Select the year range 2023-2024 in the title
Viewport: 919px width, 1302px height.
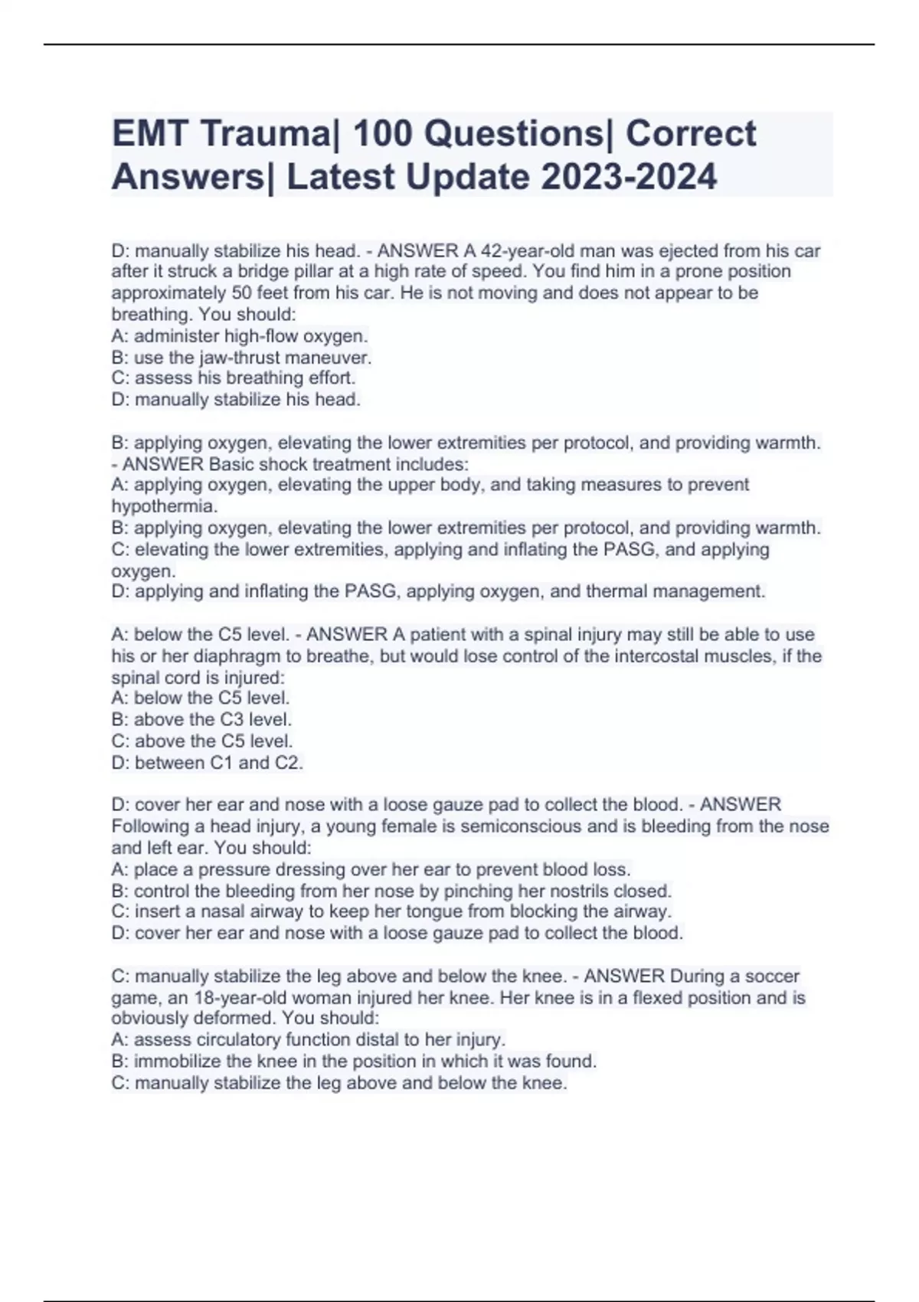(x=629, y=178)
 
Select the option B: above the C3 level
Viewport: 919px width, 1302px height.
(x=201, y=720)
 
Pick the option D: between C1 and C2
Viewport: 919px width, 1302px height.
(x=208, y=763)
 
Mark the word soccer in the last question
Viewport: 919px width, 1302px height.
(x=772, y=976)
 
